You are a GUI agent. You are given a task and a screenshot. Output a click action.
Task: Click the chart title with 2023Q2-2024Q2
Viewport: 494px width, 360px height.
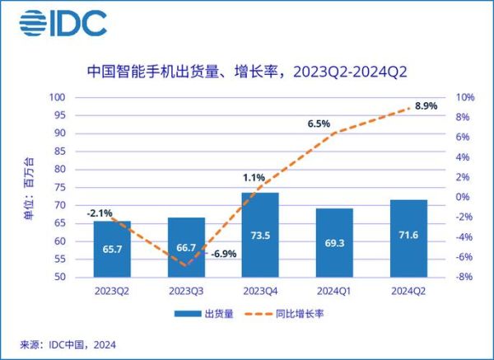tap(246, 72)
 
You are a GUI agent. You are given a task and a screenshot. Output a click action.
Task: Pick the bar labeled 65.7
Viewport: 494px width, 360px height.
tap(111, 249)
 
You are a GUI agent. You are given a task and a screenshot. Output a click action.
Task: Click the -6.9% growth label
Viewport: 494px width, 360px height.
tap(223, 254)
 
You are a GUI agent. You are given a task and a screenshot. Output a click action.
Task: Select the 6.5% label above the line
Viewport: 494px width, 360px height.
tap(319, 124)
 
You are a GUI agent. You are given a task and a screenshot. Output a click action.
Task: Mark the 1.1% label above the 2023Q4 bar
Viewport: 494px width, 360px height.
tap(253, 177)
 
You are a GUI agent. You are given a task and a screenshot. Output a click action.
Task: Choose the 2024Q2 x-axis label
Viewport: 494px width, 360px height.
tap(408, 290)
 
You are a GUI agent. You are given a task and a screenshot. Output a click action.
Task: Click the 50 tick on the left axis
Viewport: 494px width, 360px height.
tap(59, 277)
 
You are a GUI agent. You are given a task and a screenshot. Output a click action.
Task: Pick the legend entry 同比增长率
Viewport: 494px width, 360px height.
tap(290, 314)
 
